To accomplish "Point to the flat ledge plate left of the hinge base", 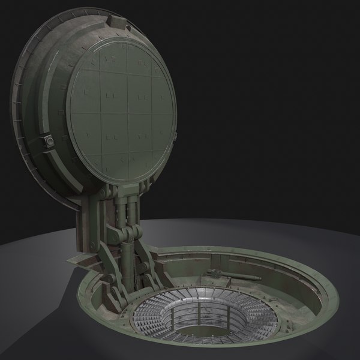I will [x=75, y=263].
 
